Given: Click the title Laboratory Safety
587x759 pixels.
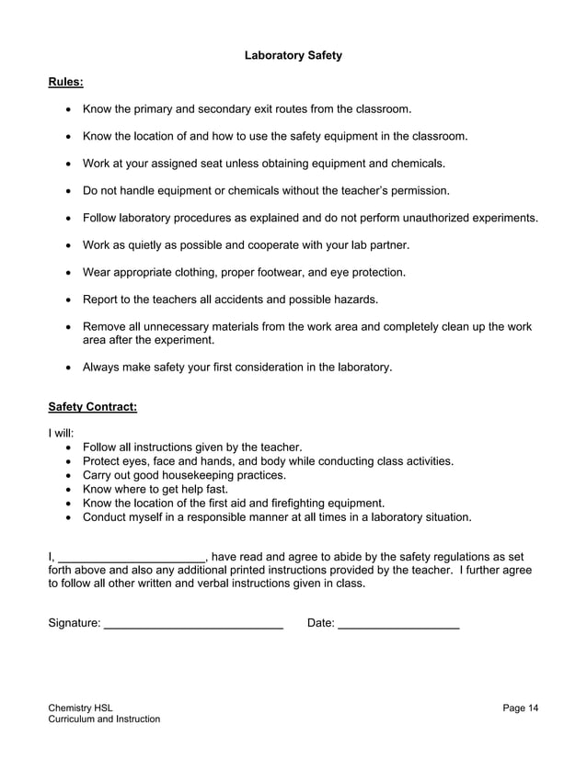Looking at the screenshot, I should coord(293,55).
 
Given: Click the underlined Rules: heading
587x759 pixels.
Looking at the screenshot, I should coord(65,83).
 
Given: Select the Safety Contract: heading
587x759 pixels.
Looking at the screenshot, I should coord(92,406).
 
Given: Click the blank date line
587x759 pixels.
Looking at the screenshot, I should coord(398,625).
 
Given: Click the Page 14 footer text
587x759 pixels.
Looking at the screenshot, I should coord(521,707).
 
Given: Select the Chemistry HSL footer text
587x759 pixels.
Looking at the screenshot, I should coord(81,707).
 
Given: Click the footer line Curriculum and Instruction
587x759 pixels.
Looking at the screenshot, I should coord(104,719).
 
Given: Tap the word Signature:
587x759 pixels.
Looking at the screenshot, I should coord(75,623).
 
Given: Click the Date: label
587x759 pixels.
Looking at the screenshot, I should coord(320,623).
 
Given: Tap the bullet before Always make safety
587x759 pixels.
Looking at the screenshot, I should coord(70,368).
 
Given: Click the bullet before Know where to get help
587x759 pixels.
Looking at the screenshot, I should coord(70,490).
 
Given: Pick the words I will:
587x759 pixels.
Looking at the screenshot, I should coord(61,433).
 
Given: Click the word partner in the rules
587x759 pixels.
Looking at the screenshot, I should coord(386,245).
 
